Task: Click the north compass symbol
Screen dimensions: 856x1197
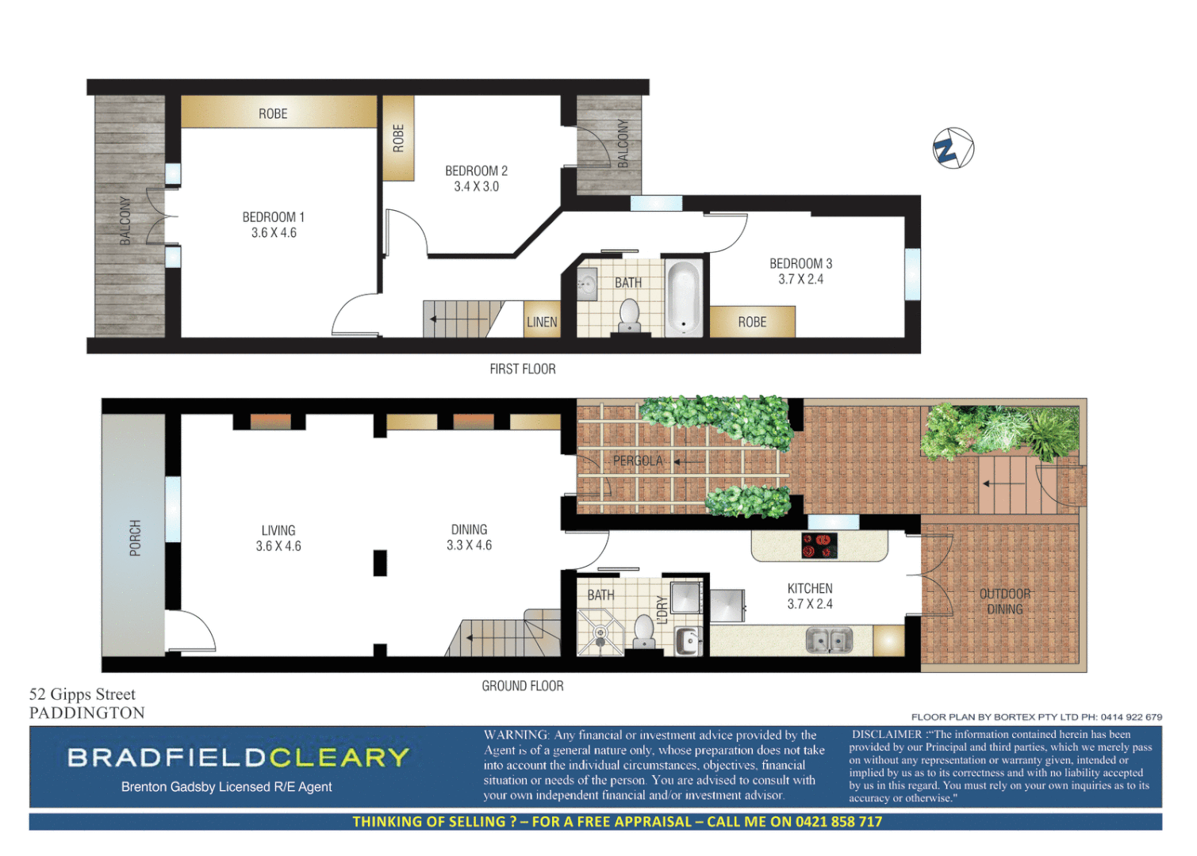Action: tap(953, 148)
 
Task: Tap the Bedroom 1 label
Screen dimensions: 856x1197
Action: tap(273, 216)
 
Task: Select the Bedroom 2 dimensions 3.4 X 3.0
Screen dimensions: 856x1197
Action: tap(476, 187)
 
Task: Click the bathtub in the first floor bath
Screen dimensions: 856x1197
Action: tap(683, 297)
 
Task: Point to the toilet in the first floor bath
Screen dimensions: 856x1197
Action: tap(629, 315)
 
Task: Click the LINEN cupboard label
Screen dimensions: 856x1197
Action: tap(542, 322)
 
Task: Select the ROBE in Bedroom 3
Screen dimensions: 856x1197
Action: tap(752, 322)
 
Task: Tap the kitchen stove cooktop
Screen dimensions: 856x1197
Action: tap(819, 545)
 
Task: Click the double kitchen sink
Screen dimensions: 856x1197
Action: tap(829, 640)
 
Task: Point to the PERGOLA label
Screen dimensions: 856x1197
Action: tap(637, 460)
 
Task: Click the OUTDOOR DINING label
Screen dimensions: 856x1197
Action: tap(1005, 602)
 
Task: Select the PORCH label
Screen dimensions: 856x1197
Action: tap(136, 537)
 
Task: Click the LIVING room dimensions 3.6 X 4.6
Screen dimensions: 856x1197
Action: tap(278, 546)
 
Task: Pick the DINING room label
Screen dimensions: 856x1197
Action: tap(469, 529)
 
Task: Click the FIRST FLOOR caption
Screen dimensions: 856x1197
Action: tap(523, 369)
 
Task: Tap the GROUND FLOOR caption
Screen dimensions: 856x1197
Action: tap(523, 686)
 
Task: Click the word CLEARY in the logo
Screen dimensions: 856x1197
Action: tap(339, 758)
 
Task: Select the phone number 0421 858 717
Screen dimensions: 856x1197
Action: tap(838, 822)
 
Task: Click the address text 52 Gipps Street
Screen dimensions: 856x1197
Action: tap(82, 694)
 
